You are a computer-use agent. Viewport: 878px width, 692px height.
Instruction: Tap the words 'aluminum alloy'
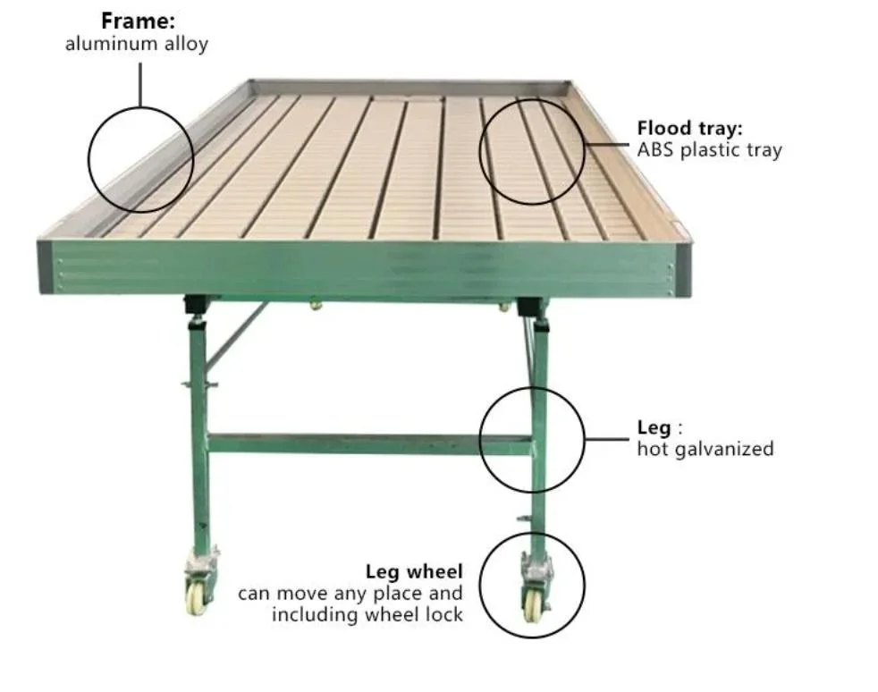tap(136, 43)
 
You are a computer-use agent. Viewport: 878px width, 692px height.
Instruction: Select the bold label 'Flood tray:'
tap(689, 128)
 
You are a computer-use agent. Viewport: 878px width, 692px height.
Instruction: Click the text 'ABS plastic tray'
tap(709, 149)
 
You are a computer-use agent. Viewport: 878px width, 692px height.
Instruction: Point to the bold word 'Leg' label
tap(653, 427)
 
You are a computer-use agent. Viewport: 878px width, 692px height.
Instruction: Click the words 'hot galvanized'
tap(705, 449)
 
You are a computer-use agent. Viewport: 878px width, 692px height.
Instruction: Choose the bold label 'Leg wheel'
tap(414, 571)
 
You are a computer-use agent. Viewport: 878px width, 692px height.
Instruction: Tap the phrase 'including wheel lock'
tap(367, 614)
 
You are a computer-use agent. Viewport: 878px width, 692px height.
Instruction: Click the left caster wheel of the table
tap(196, 596)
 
